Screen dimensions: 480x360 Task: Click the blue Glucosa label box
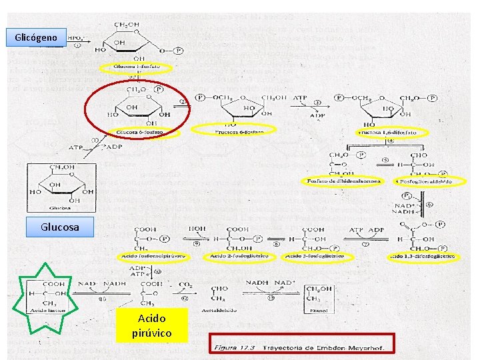tap(60, 227)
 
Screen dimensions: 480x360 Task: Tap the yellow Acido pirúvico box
tap(152, 325)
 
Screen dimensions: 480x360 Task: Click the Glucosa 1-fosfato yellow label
tap(136, 67)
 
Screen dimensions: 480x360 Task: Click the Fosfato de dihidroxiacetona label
tap(343, 181)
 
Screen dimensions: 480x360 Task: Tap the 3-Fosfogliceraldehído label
tap(423, 181)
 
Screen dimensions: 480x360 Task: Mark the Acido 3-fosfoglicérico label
tap(313, 256)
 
